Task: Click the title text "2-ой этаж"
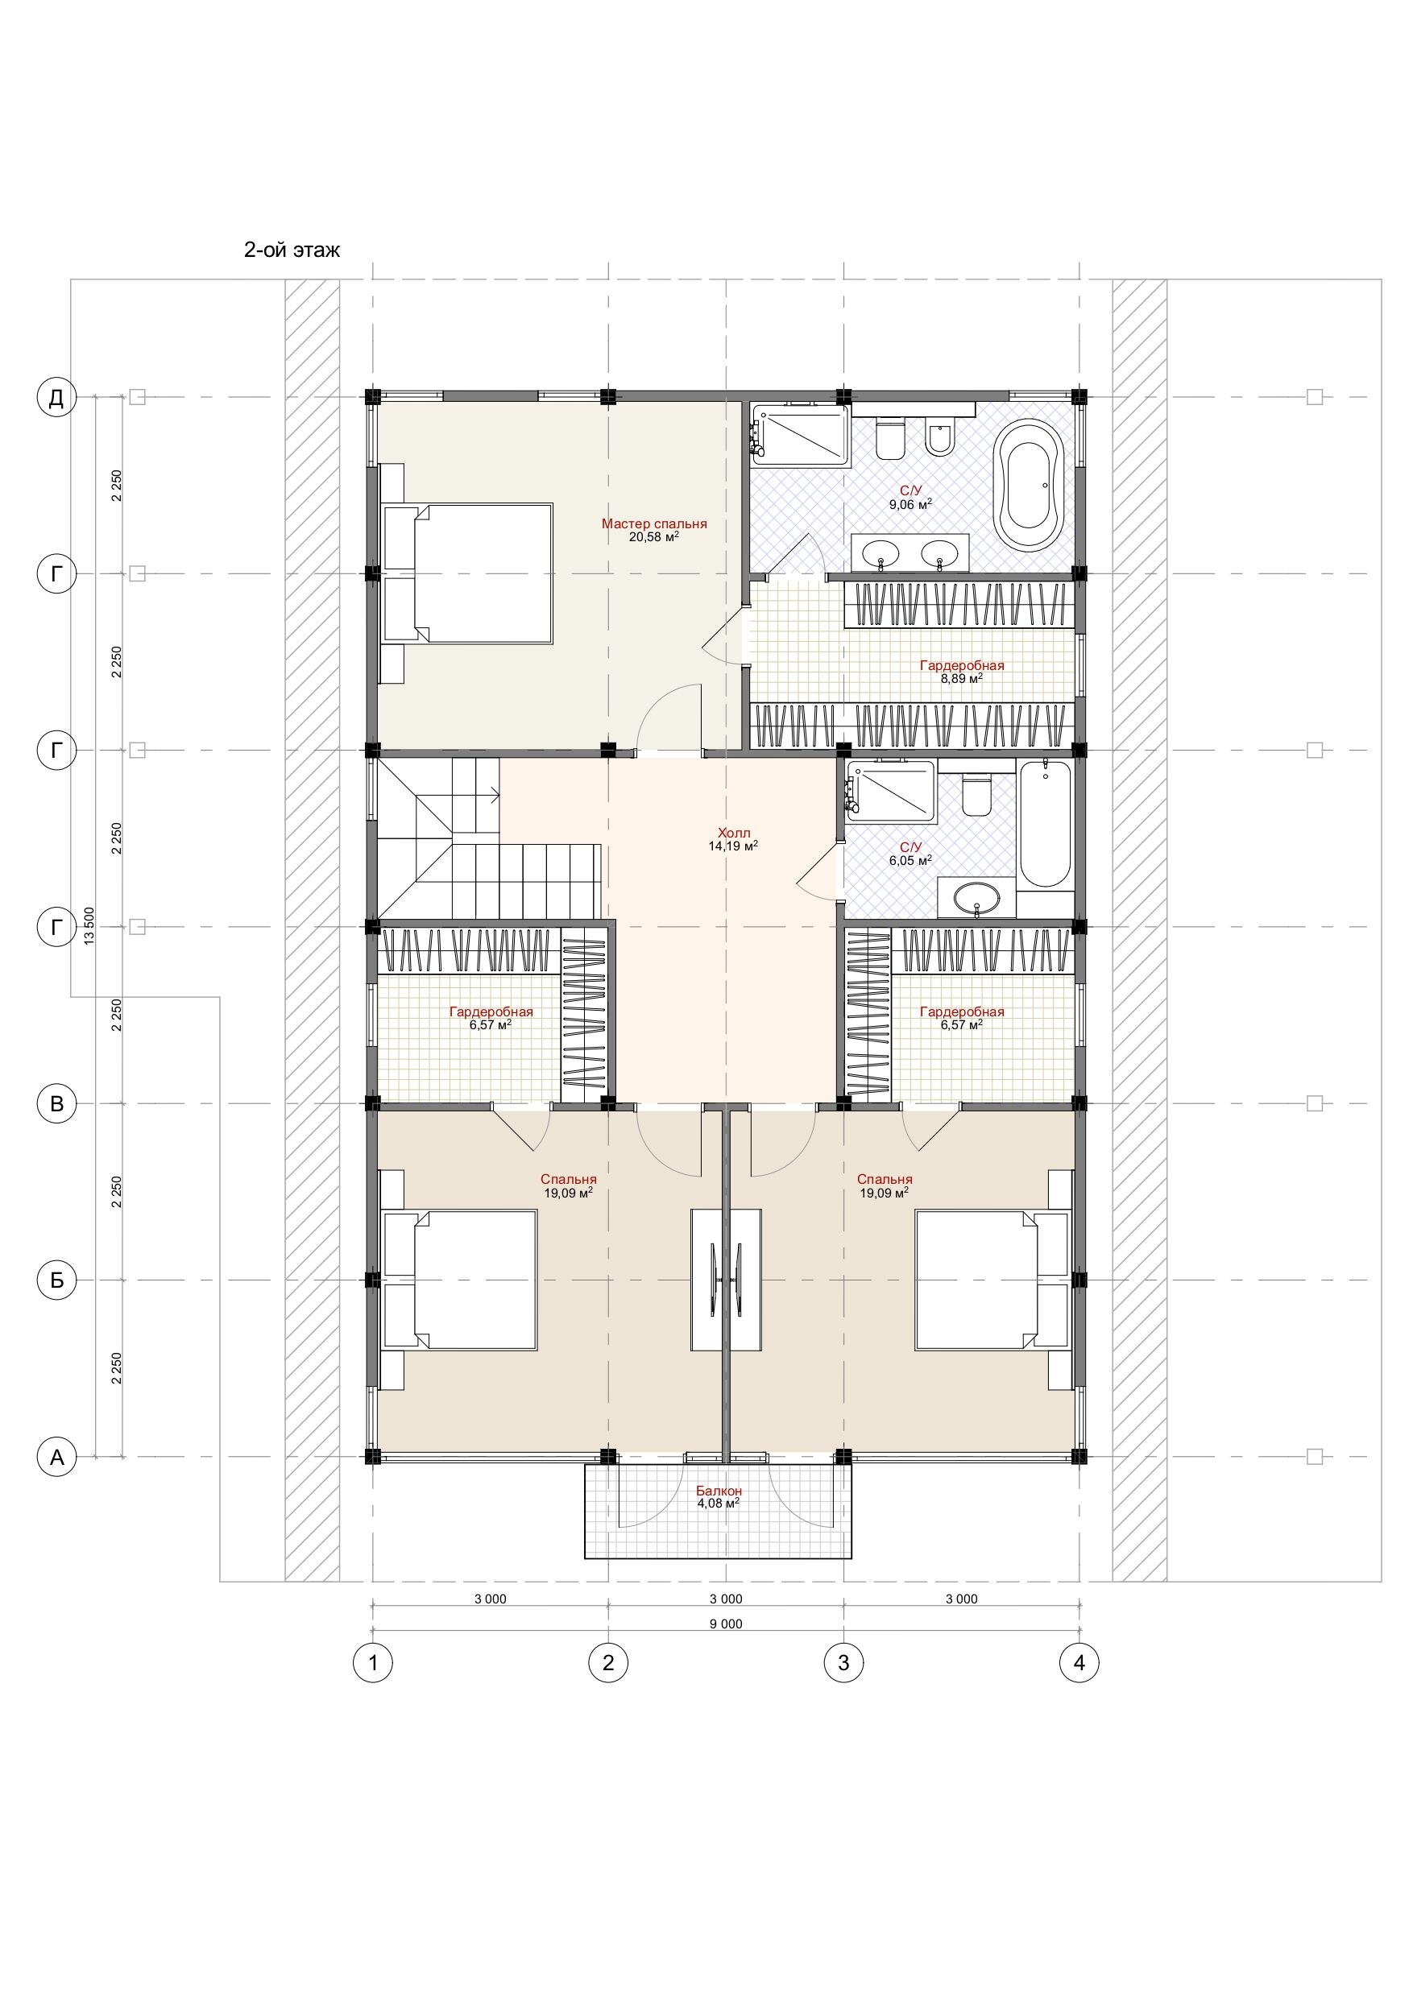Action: click(x=292, y=250)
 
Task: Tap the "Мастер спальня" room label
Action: click(x=654, y=524)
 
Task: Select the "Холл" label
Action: click(x=733, y=833)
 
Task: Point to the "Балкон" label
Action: click(x=719, y=1491)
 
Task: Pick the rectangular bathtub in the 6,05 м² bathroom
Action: click(x=1045, y=824)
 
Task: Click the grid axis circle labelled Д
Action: click(x=56, y=398)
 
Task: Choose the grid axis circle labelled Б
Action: click(x=56, y=1280)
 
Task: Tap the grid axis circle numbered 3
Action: click(x=843, y=1663)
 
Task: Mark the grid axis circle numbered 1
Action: click(x=373, y=1663)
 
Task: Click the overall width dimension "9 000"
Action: click(x=726, y=1624)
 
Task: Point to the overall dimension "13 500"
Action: click(x=89, y=926)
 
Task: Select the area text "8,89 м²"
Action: click(x=962, y=679)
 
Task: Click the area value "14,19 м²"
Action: click(x=733, y=846)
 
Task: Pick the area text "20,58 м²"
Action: click(x=654, y=537)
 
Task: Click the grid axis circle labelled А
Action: click(x=56, y=1457)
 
